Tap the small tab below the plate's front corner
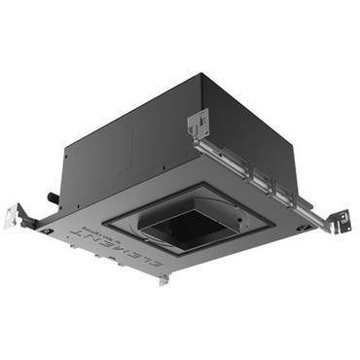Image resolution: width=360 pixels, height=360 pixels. point(164,279)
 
